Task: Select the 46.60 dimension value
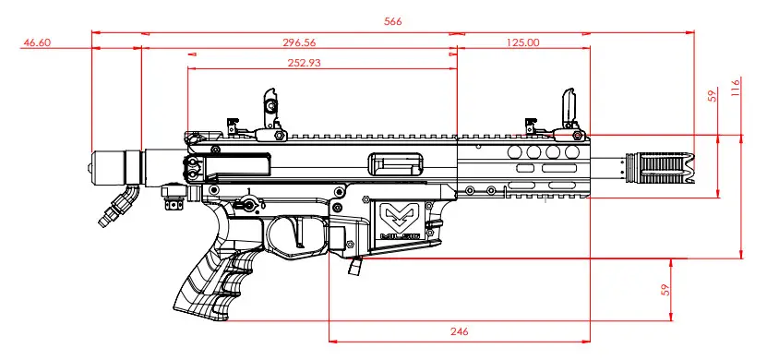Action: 37,42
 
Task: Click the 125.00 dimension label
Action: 523,42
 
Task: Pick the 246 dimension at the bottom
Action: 460,331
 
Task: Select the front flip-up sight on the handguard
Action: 569,113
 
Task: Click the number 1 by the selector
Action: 248,191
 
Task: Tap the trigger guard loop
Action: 297,238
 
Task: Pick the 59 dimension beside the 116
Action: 713,95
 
